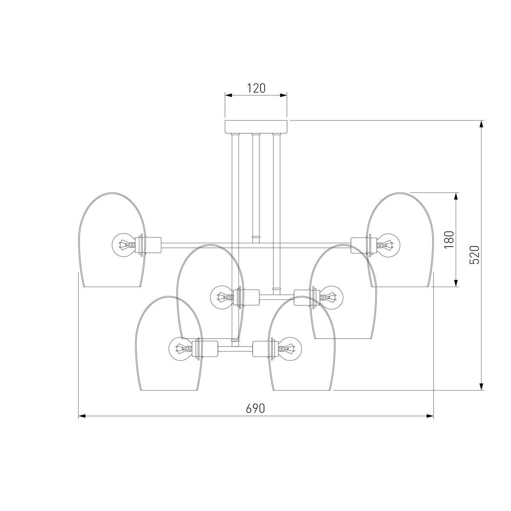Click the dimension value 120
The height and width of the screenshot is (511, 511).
click(256, 88)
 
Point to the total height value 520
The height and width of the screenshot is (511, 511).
click(475, 255)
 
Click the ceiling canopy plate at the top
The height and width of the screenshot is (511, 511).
click(256, 126)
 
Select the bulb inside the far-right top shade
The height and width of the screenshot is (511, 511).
click(389, 245)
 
